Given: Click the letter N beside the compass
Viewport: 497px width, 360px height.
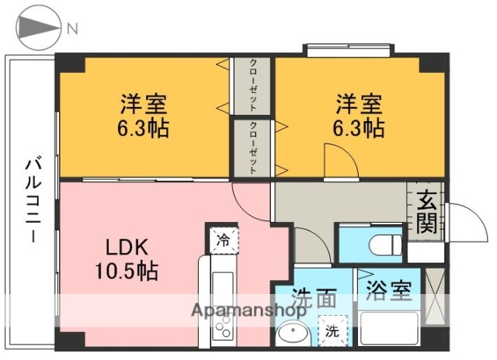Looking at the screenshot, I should point(72,29).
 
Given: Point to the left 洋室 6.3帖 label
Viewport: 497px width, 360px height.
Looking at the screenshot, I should point(144,115).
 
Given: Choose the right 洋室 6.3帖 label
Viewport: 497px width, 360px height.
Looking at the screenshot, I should point(360,115).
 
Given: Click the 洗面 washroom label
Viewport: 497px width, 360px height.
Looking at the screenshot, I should point(314,298).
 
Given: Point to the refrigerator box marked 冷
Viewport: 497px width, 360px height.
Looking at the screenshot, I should point(224,239).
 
